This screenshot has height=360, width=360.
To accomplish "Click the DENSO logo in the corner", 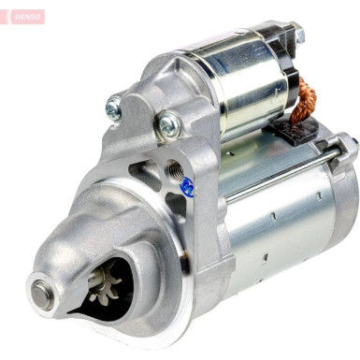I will pos(22,16).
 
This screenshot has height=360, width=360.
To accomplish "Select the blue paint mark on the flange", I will pos(187,186).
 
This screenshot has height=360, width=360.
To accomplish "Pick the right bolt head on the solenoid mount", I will pos(168,123).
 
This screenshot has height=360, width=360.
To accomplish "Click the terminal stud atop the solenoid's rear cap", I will pos(298,36).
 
